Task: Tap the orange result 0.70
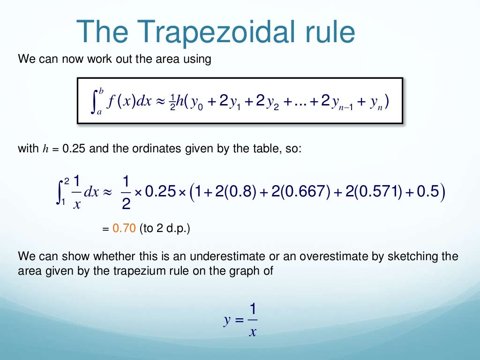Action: (x=124, y=229)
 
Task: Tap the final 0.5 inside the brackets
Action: (x=428, y=193)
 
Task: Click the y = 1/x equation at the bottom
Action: (x=241, y=320)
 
